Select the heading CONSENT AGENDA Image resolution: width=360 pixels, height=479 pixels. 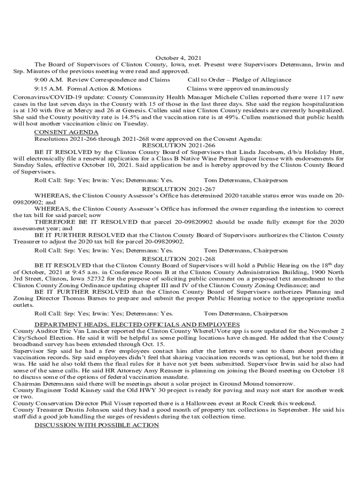(66, 132)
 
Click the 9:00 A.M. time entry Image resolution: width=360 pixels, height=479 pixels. (48, 80)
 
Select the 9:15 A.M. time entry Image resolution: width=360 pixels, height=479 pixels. (48, 88)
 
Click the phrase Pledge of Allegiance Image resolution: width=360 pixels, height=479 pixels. (263, 80)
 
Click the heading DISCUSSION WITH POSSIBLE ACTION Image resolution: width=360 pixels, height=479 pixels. (97, 425)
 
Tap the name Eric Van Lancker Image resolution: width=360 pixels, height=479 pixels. (74, 331)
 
